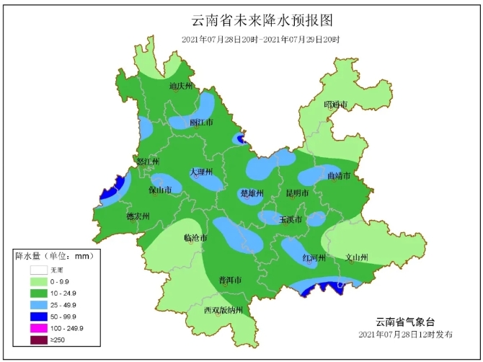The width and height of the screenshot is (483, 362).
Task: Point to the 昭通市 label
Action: coord(336,105)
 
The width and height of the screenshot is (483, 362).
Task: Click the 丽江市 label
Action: coord(202,123)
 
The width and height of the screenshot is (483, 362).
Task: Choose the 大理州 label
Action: coord(202,172)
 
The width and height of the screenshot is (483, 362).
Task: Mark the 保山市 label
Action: coord(160,190)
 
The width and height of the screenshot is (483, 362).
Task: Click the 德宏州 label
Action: coord(138,216)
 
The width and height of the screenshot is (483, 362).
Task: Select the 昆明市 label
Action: coord(297,193)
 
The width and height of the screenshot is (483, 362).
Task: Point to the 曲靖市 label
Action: coord(338,175)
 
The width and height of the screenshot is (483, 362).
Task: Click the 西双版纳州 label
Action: coord(223,310)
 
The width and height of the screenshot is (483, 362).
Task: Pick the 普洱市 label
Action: coord(230,280)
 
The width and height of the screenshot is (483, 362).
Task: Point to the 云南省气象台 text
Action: coord(406,322)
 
